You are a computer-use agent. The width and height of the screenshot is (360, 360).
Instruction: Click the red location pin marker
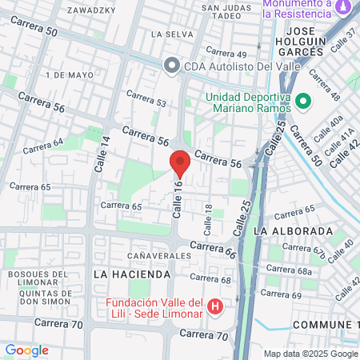180,164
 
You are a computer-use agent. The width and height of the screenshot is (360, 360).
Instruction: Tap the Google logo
26,350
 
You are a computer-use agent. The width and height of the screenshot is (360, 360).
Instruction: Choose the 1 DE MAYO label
66,74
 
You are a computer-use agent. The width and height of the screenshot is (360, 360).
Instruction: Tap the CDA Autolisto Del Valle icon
171,66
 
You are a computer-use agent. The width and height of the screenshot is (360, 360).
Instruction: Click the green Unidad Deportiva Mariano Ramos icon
303,102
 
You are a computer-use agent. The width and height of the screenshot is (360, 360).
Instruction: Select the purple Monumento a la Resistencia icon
343,7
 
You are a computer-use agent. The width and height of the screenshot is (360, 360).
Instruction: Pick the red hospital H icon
214,306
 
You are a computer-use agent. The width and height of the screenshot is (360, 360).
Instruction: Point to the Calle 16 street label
178,199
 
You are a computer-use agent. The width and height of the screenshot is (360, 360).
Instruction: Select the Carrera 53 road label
150,103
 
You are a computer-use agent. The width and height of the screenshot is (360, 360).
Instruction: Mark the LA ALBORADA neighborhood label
292,231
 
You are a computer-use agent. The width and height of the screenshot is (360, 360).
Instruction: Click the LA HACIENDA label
132,274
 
